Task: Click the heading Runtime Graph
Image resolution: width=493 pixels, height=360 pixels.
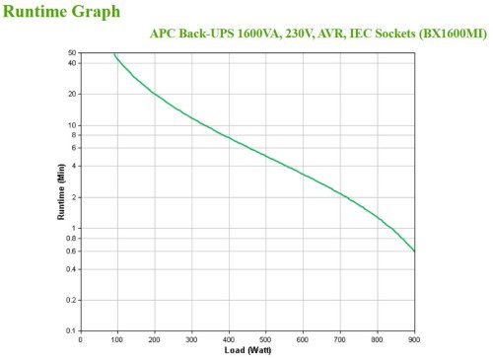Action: [62, 12]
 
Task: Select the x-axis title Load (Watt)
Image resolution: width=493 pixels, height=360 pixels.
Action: [248, 350]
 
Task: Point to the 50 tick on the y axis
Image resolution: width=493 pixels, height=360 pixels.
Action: [72, 52]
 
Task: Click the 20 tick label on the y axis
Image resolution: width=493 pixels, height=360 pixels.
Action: [72, 94]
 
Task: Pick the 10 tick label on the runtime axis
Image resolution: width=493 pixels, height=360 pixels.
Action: [72, 125]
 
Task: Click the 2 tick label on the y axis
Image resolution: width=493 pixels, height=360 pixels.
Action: [74, 197]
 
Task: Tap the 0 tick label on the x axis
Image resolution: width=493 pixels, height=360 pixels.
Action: [81, 339]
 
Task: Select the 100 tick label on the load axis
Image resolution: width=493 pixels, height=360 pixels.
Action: [117, 339]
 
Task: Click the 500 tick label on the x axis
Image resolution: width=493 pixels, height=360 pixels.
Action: [266, 339]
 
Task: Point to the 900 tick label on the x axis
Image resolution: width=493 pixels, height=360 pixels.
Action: [414, 339]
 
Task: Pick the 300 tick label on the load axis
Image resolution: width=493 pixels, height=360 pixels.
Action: [191, 339]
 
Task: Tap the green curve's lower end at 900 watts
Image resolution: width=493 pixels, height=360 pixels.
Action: [414, 251]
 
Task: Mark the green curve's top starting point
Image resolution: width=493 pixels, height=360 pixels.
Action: [114, 54]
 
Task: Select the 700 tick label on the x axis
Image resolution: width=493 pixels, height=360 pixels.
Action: [340, 339]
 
